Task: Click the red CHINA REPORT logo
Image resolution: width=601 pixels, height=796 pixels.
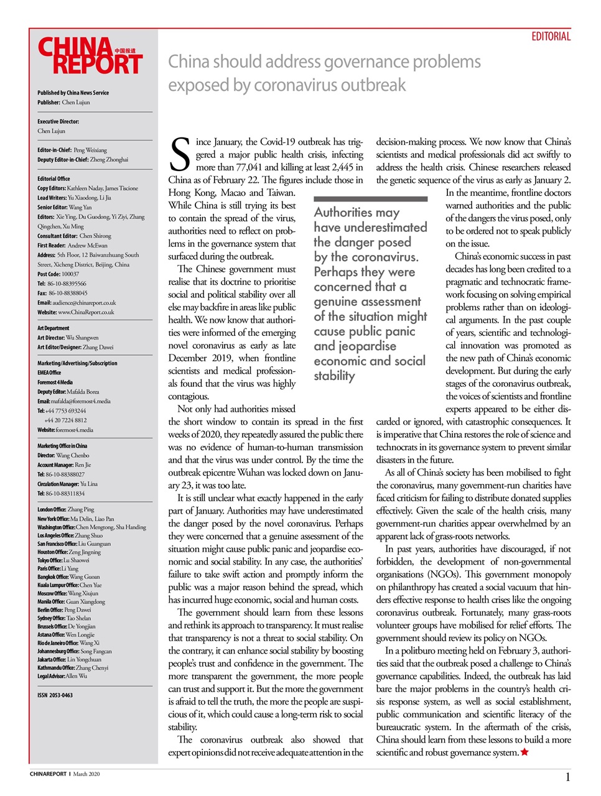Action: pos(90,56)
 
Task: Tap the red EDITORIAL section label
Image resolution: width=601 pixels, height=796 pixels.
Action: pos(551,37)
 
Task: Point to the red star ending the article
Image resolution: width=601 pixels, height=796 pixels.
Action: pos(524,752)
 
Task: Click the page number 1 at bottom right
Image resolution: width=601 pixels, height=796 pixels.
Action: pos(567,777)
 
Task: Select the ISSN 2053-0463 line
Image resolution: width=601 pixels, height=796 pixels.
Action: pos(55,695)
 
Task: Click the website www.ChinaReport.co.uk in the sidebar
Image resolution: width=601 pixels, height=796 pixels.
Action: pos(76,312)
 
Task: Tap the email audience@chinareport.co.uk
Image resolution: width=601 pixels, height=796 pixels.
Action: pos(77,303)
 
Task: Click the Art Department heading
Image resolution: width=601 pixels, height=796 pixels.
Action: pos(54,328)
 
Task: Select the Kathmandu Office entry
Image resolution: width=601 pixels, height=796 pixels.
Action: pos(73,668)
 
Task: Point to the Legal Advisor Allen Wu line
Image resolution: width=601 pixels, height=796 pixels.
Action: pos(62,676)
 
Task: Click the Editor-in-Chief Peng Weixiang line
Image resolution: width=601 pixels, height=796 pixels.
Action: pos(72,150)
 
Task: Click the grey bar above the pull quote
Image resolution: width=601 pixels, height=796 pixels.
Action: pos(370,199)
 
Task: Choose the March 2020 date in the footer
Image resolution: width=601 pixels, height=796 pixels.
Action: pos(86,774)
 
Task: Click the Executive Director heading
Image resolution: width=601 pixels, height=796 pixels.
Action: pos(58,122)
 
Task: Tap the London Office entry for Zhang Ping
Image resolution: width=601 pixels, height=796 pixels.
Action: pos(66,510)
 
